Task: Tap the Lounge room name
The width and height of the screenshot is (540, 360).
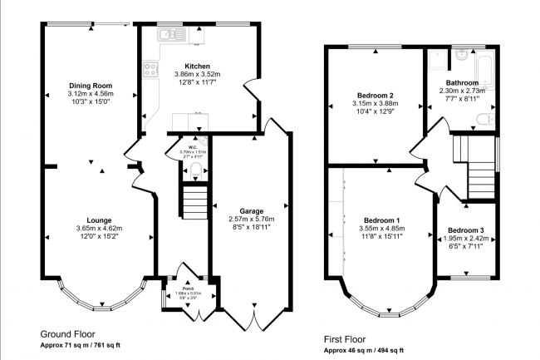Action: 99,220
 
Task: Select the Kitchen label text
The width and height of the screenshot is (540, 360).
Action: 197,66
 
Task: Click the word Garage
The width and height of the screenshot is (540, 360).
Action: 252,211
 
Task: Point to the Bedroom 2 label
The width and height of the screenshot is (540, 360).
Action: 375,94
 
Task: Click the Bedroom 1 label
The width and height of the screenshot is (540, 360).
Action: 380,219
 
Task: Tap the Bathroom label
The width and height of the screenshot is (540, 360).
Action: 462,83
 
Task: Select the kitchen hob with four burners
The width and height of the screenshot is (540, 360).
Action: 151,70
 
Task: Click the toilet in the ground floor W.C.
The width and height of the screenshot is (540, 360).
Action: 194,171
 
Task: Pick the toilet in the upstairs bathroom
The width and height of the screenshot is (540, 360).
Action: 488,120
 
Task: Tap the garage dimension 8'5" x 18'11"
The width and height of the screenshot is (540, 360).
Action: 252,226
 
